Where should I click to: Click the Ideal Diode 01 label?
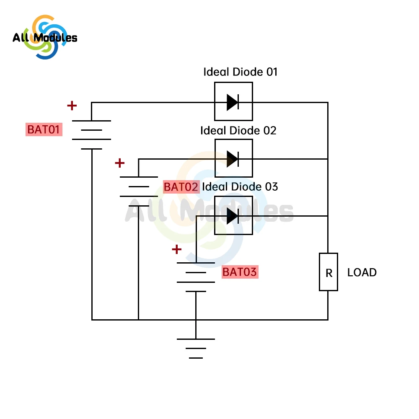click(240, 72)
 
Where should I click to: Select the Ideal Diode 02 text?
click(238, 130)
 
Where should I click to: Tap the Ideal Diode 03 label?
click(240, 186)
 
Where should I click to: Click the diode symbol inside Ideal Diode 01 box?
click(233, 102)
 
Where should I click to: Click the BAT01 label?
click(44, 129)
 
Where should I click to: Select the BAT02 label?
click(181, 187)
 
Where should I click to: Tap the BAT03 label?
click(239, 272)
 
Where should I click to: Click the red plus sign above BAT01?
click(72, 106)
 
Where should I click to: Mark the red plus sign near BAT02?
click(120, 163)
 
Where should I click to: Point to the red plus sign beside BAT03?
click(177, 250)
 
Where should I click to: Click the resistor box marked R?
click(328, 272)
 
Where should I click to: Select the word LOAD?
click(362, 272)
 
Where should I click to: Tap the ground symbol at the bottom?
click(196, 348)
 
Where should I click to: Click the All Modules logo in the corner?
click(45, 38)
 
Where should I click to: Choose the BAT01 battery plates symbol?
click(91, 134)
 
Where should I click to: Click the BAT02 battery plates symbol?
click(139, 191)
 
